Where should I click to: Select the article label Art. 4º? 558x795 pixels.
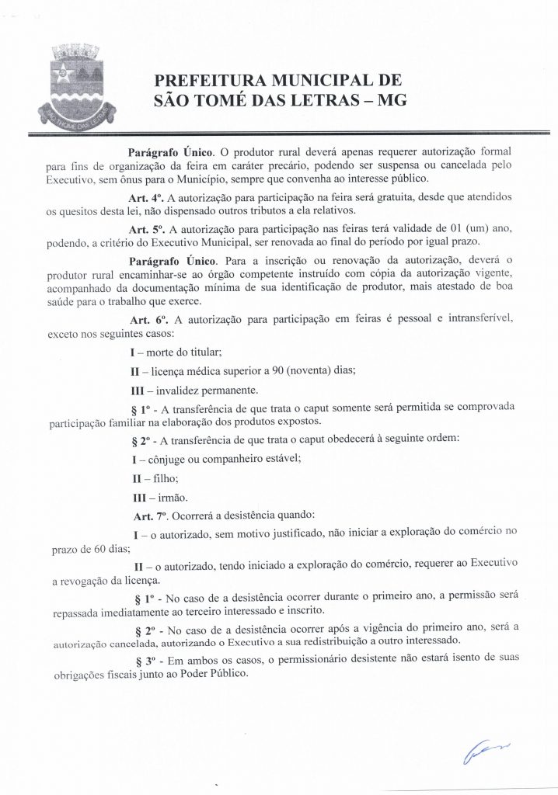(145, 197)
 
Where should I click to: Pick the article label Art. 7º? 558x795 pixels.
(148, 516)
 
